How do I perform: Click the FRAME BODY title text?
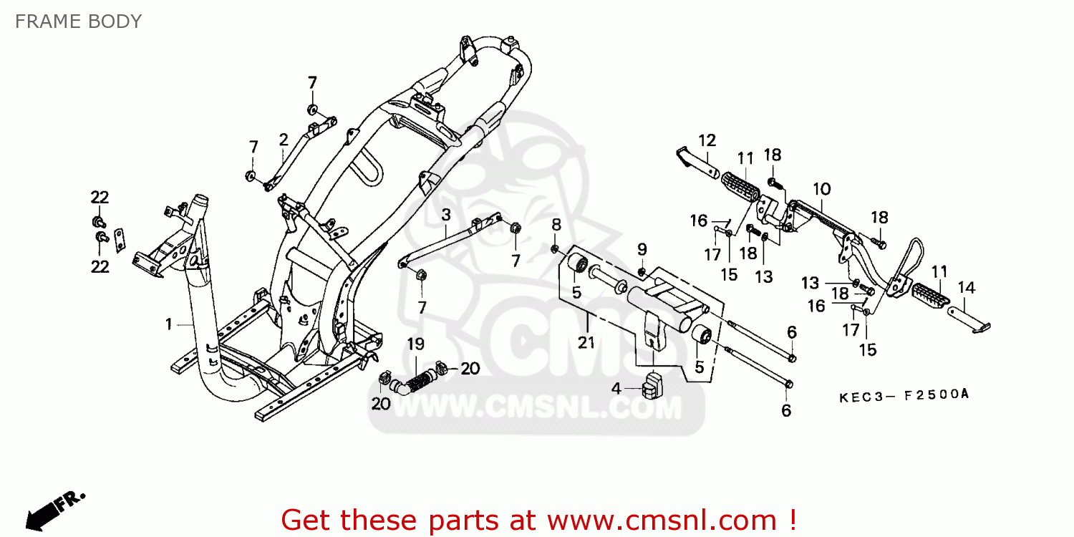point(78,21)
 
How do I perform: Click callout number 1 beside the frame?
point(169,324)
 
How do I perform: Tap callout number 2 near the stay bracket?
point(284,139)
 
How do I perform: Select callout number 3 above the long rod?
point(445,214)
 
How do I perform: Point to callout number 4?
point(616,389)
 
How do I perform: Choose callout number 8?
point(556,226)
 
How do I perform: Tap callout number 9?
point(642,249)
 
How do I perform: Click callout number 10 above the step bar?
point(821,189)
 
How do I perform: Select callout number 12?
point(707,140)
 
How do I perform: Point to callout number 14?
point(967,288)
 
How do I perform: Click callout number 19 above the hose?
point(416,344)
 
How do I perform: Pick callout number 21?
point(586,342)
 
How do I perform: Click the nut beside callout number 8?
point(555,248)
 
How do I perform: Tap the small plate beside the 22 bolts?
point(120,240)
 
